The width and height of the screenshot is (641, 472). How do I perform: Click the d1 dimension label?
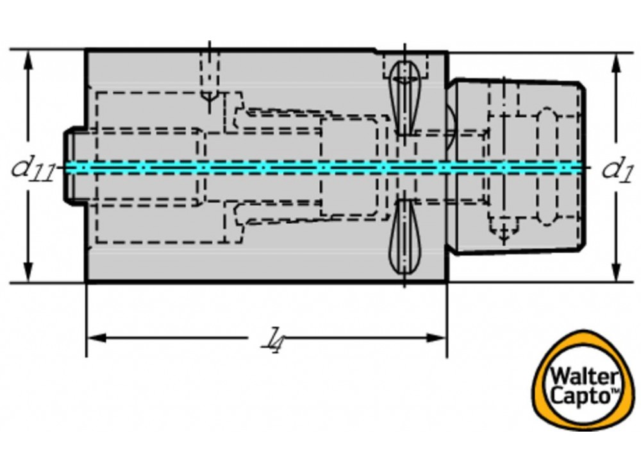617,168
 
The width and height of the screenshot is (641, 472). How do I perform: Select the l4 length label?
274,338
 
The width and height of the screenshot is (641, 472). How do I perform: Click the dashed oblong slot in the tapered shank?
546,167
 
